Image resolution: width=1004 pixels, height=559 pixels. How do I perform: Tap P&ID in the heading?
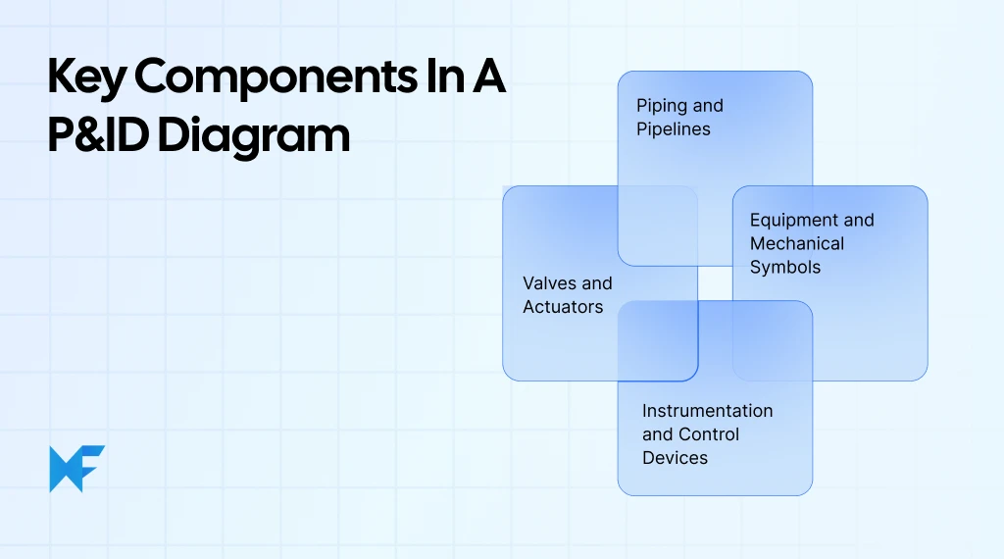98,135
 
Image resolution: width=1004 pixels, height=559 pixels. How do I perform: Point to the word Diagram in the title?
254,135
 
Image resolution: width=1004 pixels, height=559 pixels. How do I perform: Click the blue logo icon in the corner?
76,469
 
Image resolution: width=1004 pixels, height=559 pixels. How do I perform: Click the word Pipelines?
674,129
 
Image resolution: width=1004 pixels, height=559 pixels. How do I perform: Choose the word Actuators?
563,307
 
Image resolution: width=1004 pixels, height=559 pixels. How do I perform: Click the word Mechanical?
796,244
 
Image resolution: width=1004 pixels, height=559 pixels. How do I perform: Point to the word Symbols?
785,267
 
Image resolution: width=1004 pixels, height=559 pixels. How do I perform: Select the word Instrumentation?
707,411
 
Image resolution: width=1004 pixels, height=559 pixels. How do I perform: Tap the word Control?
709,434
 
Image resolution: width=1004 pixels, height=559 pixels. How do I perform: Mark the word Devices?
675,458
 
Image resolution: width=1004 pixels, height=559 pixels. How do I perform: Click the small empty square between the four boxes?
715,282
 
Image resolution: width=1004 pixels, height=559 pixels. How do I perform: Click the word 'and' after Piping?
707,106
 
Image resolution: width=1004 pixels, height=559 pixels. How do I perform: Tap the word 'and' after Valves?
596,283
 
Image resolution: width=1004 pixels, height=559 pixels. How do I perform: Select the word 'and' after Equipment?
858,221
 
